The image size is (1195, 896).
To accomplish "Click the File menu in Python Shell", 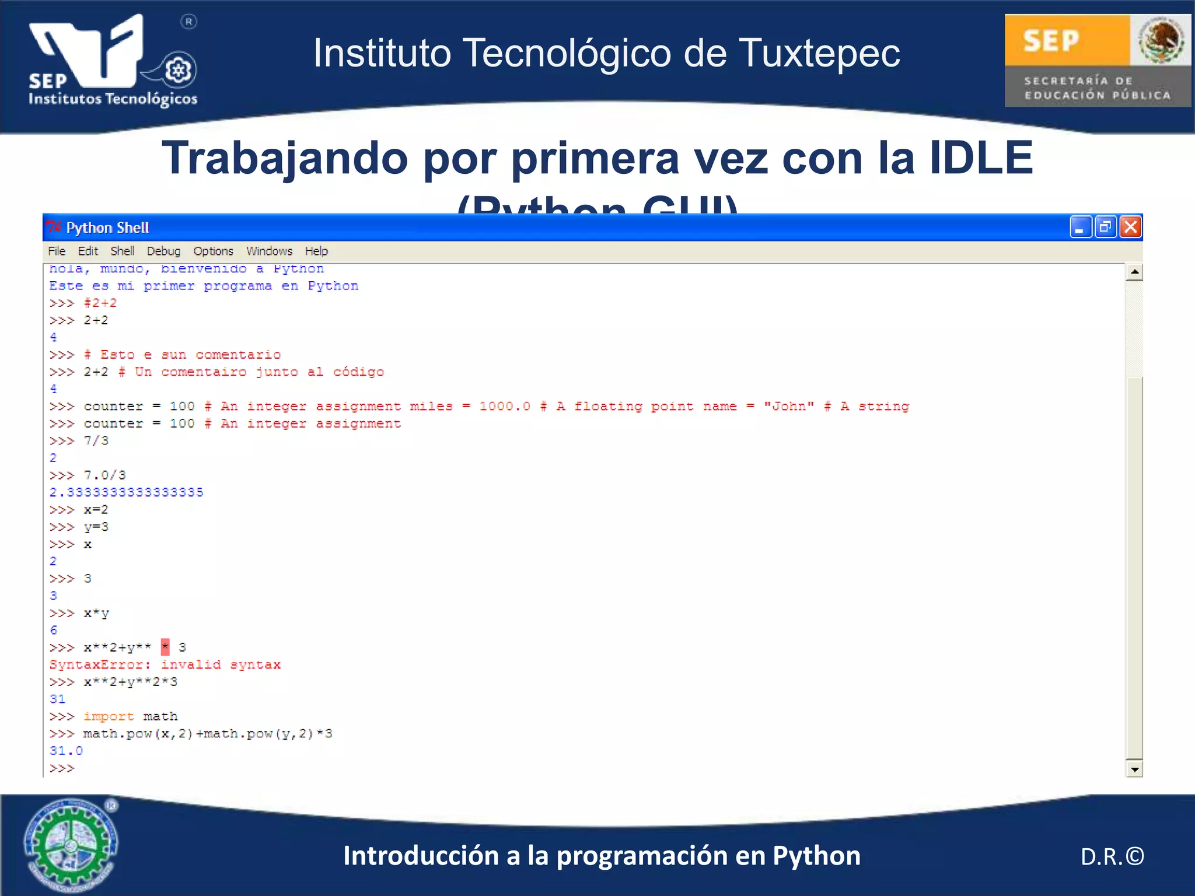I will pos(57,251).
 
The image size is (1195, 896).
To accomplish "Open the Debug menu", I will pos(163,251).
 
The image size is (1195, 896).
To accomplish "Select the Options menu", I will pos(213,251).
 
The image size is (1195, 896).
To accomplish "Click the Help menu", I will pos(316,251).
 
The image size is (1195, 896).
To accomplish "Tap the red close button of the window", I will pos(1130,227).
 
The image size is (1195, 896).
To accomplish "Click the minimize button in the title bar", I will pos(1080,227).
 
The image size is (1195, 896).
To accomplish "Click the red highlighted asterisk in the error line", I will pos(165,647).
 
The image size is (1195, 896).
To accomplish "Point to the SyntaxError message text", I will pos(165,664).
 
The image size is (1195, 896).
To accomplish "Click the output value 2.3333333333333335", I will pos(126,492).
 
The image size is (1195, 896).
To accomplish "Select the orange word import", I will pos(109,716).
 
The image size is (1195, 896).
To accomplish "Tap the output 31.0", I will pos(66,751).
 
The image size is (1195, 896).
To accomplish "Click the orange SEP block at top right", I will pos(1067,40).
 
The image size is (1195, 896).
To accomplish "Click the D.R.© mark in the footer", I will pos(1112,856).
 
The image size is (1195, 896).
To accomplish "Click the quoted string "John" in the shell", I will pos(789,407).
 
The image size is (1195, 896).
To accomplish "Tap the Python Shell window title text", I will pos(107,228).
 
